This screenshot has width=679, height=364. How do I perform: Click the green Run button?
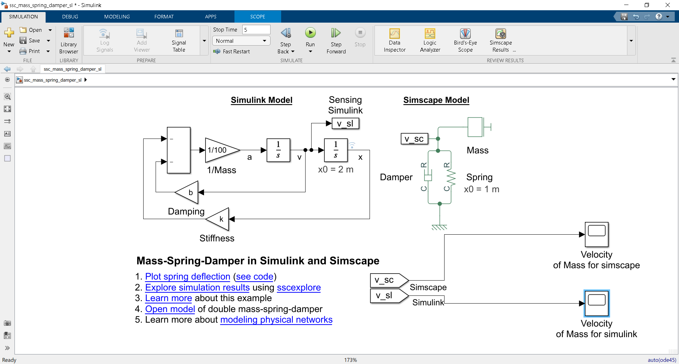(310, 33)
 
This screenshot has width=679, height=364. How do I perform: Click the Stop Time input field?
(256, 30)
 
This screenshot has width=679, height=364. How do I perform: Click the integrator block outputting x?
(336, 150)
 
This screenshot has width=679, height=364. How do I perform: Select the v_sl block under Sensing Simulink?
(345, 124)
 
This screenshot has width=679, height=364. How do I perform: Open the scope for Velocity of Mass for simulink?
(597, 304)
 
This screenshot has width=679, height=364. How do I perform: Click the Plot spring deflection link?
(187, 277)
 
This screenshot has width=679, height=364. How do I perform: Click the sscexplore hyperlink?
(298, 288)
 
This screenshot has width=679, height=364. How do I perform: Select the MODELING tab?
(117, 17)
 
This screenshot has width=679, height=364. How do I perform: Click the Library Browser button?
(69, 40)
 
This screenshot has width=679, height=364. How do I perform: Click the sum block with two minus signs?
(179, 150)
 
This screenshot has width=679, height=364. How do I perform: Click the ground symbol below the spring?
(440, 227)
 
